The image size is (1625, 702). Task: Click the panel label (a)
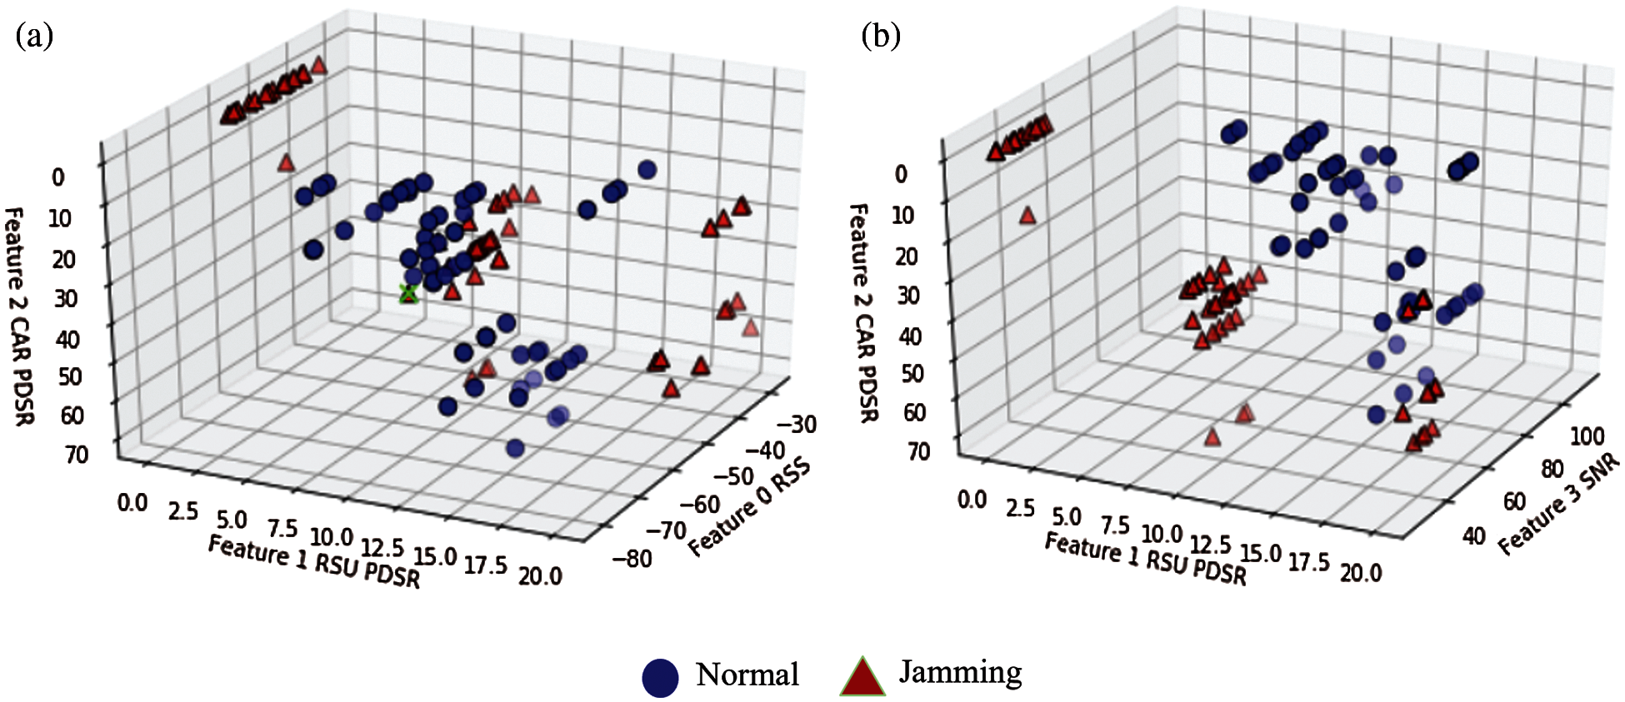pos(34,37)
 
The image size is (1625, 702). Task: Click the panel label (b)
pos(881,37)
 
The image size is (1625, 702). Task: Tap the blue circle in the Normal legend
pos(660,677)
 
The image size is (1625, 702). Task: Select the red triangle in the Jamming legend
pos(862,676)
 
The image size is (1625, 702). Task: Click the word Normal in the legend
pos(747,675)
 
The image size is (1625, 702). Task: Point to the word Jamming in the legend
pos(960,671)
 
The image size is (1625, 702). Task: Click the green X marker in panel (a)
pos(408,293)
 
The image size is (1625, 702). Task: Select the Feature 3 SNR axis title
pos(1558,505)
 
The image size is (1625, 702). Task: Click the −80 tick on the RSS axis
pos(632,558)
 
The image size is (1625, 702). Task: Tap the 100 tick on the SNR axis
pos(1587,436)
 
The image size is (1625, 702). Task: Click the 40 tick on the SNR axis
pos(1473,535)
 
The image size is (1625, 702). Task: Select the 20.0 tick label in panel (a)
pos(540,575)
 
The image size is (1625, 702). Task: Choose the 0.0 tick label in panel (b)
pos(972,500)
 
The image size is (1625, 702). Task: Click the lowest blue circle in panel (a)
pos(515,449)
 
